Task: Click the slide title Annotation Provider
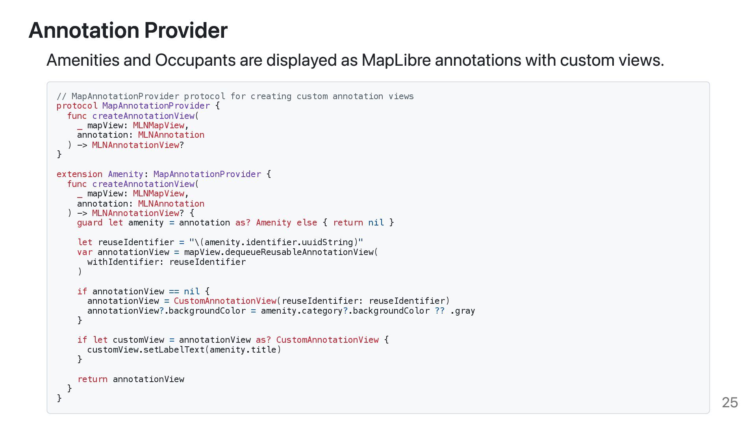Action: tap(128, 30)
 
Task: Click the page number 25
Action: tap(730, 403)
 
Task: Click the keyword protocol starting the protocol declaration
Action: tap(77, 106)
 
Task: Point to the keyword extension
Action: tap(79, 174)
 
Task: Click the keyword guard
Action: tap(89, 223)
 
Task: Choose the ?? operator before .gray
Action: tap(440, 311)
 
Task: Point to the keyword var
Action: tap(85, 252)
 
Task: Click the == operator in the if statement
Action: tap(174, 292)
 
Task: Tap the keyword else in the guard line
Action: tap(307, 223)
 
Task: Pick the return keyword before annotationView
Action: tap(92, 379)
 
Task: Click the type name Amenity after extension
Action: tap(125, 174)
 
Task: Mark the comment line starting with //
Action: tap(235, 96)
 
